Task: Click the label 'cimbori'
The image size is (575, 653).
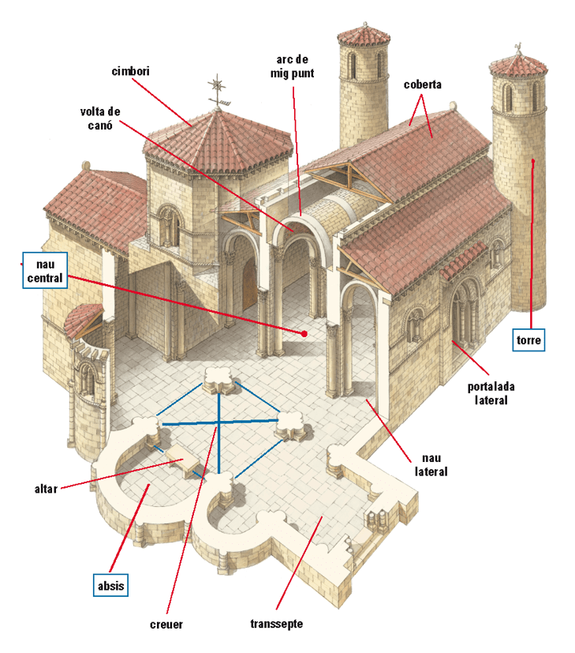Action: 131,71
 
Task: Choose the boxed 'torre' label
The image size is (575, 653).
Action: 528,340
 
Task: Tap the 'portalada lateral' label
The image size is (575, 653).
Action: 487,393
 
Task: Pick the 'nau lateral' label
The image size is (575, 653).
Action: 431,464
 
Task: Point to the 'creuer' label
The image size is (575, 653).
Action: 166,625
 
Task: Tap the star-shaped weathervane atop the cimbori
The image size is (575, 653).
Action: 215,86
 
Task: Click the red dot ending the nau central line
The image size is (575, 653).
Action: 304,334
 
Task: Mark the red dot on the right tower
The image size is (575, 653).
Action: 534,163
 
